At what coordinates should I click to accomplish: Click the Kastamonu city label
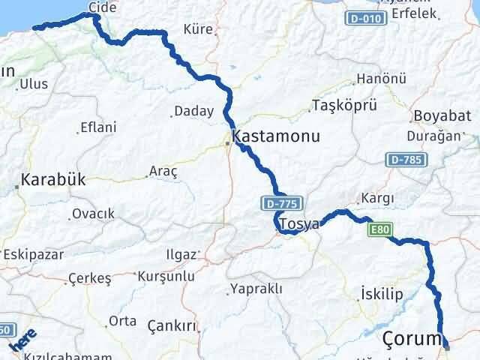pos(276,137)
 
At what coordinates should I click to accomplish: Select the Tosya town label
pos(298,223)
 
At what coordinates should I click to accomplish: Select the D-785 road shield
pos(406,159)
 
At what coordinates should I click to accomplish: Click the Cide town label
pos(104,7)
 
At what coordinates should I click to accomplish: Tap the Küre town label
pos(198,30)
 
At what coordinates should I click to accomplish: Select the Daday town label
pos(193,112)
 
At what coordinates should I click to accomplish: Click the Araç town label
pos(163,171)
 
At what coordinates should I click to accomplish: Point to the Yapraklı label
pos(256,289)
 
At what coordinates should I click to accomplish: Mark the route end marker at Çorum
pos(447,346)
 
